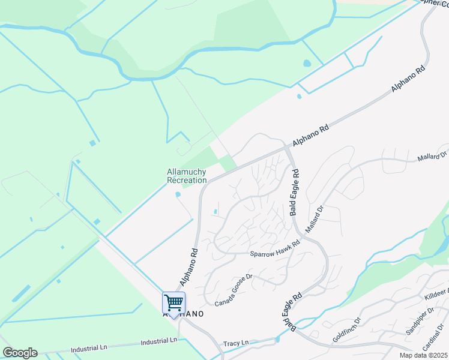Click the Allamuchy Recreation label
pos(187,176)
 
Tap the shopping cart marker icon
pos(173,303)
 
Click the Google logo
pos(19,353)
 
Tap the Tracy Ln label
pos(236,343)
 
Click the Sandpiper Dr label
pos(420,322)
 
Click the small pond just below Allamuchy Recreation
pos(178,194)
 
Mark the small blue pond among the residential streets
pos(215,211)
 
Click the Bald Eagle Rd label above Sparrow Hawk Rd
pos(294,192)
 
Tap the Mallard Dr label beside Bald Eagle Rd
pos(314,219)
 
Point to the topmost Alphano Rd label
pos(408,78)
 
